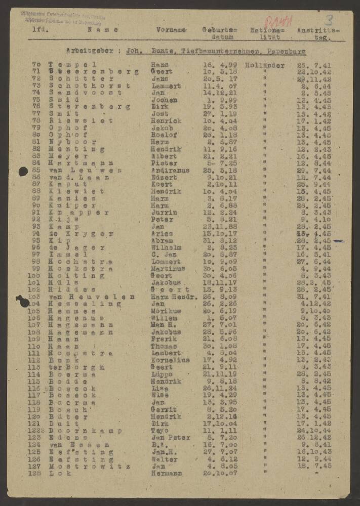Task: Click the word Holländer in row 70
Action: (264, 65)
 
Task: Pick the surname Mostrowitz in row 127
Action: (90, 466)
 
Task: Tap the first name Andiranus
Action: (170, 171)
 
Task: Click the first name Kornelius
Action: (170, 360)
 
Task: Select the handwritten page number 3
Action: (329, 21)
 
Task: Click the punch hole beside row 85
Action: (23, 172)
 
